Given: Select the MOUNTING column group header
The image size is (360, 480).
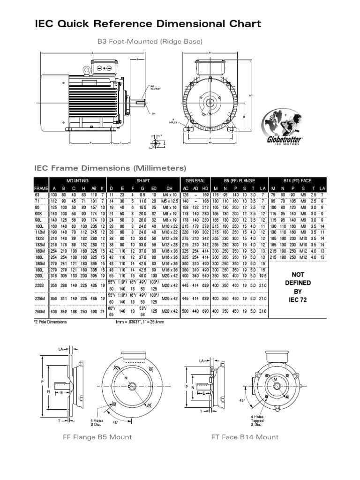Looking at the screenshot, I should click(77, 180).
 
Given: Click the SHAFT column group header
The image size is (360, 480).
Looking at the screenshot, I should click(143, 180).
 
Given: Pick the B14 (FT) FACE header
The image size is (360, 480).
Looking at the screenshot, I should click(297, 180).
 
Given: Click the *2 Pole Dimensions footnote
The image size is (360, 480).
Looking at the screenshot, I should click(51, 322).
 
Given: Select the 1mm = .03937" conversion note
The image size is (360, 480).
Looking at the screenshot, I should click(140, 322).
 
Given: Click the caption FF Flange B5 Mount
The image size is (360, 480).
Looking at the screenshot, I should click(97, 437).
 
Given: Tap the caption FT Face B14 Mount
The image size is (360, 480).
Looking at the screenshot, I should click(245, 437).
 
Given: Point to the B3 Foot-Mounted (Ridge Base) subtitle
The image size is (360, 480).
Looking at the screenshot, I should click(150, 42).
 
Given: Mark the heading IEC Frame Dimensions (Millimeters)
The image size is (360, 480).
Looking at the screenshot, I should click(111, 168).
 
